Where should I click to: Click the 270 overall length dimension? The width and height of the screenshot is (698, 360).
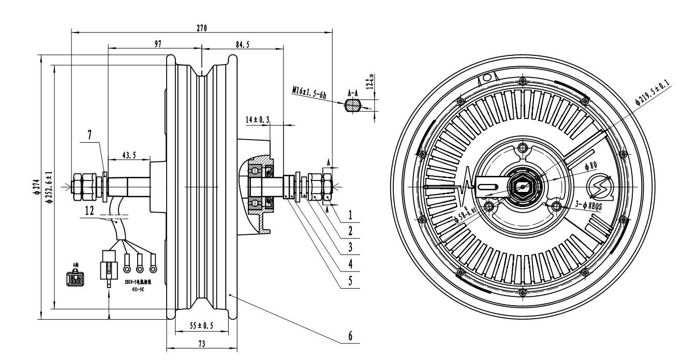(x=201, y=28)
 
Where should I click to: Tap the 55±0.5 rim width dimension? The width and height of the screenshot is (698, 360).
(x=201, y=326)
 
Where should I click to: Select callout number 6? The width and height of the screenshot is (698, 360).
(x=350, y=336)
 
